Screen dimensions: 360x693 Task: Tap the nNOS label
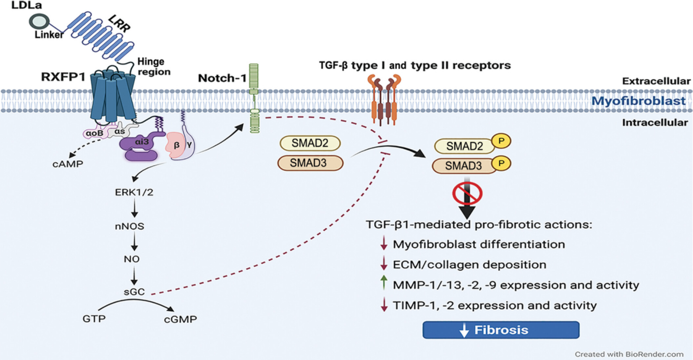click(x=130, y=226)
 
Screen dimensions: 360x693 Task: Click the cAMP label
click(x=68, y=163)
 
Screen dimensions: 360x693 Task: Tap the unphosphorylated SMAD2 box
click(x=310, y=143)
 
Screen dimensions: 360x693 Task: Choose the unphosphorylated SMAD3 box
click(x=310, y=163)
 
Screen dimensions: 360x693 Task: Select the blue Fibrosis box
click(x=501, y=330)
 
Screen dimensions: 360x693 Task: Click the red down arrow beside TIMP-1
click(x=383, y=306)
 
